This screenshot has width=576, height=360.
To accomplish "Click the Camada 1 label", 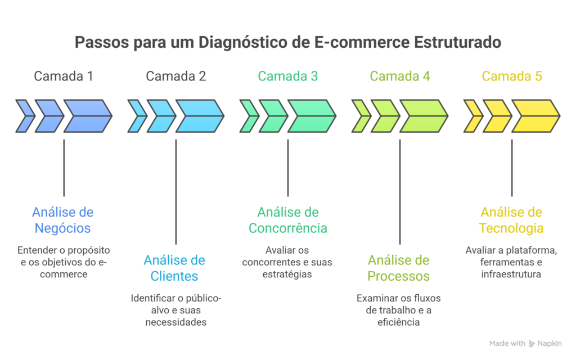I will click(x=64, y=76).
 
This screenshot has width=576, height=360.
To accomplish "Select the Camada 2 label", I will click(x=175, y=76).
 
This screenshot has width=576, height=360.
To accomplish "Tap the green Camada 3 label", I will click(x=288, y=76).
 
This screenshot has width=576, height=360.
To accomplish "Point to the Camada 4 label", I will click(x=400, y=76).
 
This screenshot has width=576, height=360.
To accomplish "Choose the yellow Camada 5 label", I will click(x=512, y=76).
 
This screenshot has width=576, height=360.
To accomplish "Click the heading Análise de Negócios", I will click(x=62, y=220).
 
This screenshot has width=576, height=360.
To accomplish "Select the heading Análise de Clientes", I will click(x=174, y=268).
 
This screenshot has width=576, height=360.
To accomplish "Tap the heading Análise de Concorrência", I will click(x=288, y=220).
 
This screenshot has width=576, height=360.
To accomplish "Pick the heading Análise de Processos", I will click(x=399, y=268).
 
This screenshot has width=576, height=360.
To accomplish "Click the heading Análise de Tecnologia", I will click(x=511, y=220).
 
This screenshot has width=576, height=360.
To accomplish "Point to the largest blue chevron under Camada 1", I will click(x=87, y=116).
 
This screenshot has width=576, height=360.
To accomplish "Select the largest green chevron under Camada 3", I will click(x=312, y=116).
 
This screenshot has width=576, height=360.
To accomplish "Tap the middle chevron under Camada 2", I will click(x=161, y=116).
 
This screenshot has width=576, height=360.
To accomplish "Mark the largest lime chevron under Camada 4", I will click(x=424, y=116).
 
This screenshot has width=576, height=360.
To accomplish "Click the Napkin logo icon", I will click(x=532, y=343).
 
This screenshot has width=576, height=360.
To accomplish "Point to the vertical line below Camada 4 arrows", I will click(x=400, y=191).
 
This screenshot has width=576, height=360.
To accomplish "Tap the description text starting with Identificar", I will click(x=176, y=310).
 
